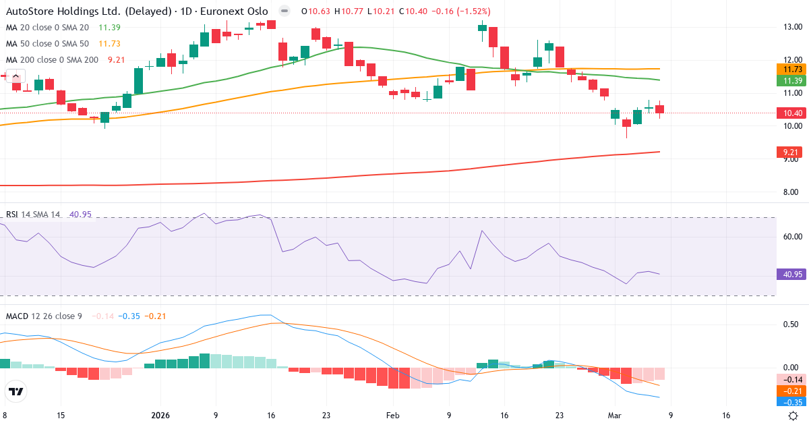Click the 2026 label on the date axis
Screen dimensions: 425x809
(x=160, y=416)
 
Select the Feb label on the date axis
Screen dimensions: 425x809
(x=392, y=416)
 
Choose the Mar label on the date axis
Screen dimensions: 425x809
(x=615, y=416)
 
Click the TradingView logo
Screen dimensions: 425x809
(x=16, y=391)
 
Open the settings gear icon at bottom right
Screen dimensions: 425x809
(x=793, y=416)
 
